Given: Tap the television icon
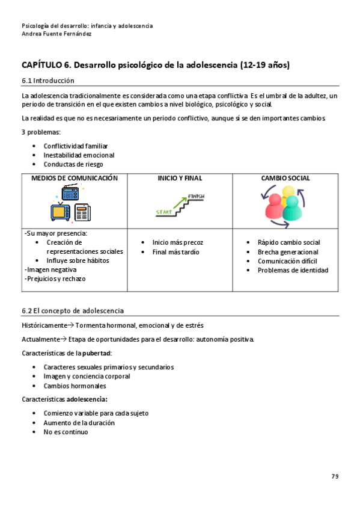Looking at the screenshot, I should click(x=60, y=212).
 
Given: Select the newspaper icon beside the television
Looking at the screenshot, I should click(x=82, y=213).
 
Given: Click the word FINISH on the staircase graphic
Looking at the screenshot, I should click(x=197, y=197).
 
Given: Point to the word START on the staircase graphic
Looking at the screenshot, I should click(x=163, y=212).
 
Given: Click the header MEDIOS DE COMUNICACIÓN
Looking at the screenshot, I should click(x=75, y=178).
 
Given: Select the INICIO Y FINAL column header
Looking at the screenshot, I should click(x=180, y=178).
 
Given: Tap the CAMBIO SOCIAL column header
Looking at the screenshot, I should click(x=285, y=178).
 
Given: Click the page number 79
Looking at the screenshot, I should click(x=335, y=476).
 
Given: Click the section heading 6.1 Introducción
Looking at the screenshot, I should click(x=48, y=80).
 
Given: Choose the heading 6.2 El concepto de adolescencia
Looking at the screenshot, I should click(x=72, y=310).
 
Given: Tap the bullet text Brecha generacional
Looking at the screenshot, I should click(x=288, y=252).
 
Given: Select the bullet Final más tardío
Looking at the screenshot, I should click(x=175, y=252).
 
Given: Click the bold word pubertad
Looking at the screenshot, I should click(x=96, y=353).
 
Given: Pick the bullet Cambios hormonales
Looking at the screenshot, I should click(x=75, y=386).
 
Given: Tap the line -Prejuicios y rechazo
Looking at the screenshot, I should click(x=55, y=279).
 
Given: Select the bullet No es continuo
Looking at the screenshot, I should click(x=66, y=432).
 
